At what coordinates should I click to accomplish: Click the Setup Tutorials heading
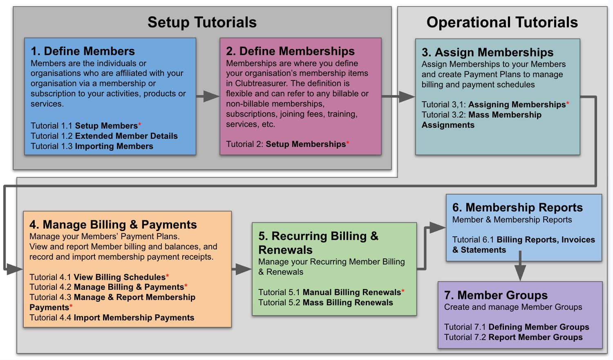click(202, 22)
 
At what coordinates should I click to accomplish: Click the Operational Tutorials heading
click(502, 22)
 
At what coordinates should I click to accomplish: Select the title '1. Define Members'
click(83, 51)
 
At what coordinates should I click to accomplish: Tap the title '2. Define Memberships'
click(290, 51)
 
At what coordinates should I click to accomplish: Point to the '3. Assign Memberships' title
click(487, 52)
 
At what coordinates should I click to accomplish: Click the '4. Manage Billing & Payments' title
click(113, 224)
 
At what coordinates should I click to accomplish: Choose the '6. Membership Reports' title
click(517, 207)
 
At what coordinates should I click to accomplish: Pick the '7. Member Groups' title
click(496, 295)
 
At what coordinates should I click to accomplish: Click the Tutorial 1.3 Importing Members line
click(92, 146)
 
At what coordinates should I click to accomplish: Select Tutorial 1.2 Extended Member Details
click(104, 136)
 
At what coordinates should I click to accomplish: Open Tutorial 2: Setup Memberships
click(286, 144)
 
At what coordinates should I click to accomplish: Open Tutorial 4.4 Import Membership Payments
click(112, 318)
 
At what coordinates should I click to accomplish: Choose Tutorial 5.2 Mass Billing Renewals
click(325, 302)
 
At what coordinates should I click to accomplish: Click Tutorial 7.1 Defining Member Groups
click(516, 327)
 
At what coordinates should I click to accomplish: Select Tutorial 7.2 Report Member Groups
click(513, 337)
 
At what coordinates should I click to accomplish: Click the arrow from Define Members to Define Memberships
click(208, 96)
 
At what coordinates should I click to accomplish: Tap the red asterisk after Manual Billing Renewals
click(403, 291)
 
